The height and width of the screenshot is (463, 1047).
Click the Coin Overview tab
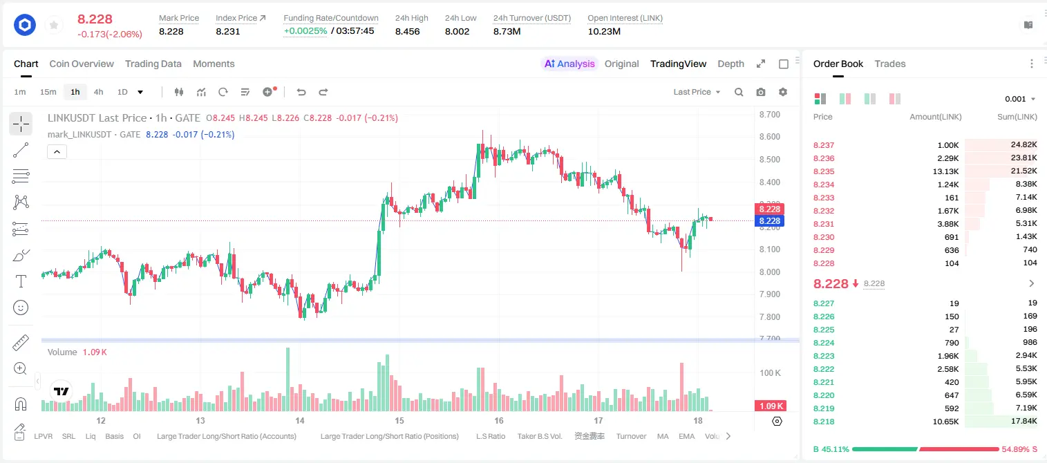click(x=82, y=64)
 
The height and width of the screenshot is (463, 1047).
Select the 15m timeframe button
click(x=48, y=92)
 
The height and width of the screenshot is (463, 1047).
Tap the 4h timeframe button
click(x=98, y=92)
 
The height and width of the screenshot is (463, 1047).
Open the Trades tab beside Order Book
click(x=890, y=64)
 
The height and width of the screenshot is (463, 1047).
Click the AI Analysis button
click(x=569, y=64)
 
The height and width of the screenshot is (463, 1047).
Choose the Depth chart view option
click(x=730, y=64)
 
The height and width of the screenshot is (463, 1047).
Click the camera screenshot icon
click(x=761, y=92)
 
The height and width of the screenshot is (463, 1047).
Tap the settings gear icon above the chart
click(x=783, y=92)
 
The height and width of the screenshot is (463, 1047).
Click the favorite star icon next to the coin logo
click(x=54, y=25)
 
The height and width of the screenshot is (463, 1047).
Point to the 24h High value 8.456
click(x=408, y=31)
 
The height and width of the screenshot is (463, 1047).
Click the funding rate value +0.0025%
click(x=305, y=31)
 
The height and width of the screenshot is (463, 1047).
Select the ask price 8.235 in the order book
click(x=824, y=171)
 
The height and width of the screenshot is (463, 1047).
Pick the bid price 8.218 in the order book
click(x=824, y=422)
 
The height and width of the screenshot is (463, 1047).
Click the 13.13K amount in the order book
click(x=945, y=171)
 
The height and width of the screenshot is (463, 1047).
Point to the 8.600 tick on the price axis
click(x=770, y=137)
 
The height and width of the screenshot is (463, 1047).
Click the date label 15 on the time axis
click(x=399, y=420)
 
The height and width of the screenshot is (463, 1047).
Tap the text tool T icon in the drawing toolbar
click(x=21, y=281)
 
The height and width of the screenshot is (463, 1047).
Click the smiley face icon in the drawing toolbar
click(x=21, y=308)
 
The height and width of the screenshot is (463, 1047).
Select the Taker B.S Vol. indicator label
click(x=539, y=436)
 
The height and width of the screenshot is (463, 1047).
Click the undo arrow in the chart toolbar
click(x=301, y=92)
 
